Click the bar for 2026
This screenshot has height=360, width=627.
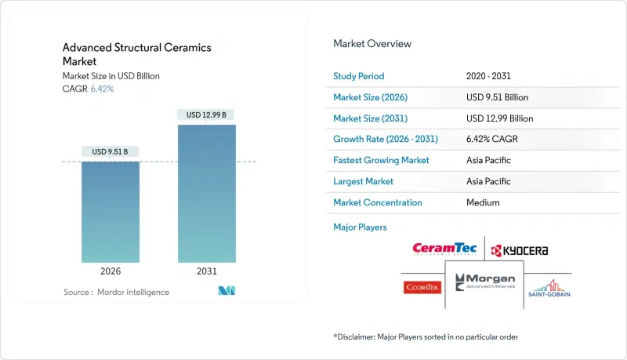pyautogui.click(x=111, y=212)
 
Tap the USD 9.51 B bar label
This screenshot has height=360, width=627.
pyautogui.click(x=111, y=151)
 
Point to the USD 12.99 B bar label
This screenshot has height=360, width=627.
pyautogui.click(x=207, y=115)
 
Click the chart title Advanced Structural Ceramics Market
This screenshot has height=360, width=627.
pyautogui.click(x=136, y=54)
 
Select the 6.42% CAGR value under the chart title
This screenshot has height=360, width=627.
pyautogui.click(x=102, y=89)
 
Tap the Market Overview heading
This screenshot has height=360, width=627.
pyautogui.click(x=372, y=44)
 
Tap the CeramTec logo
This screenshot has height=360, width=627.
pyautogui.click(x=445, y=249)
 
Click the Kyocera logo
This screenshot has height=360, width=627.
pyautogui.click(x=518, y=251)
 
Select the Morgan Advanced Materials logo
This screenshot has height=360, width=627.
pyautogui.click(x=484, y=283)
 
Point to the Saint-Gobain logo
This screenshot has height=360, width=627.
pyautogui.click(x=549, y=286)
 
